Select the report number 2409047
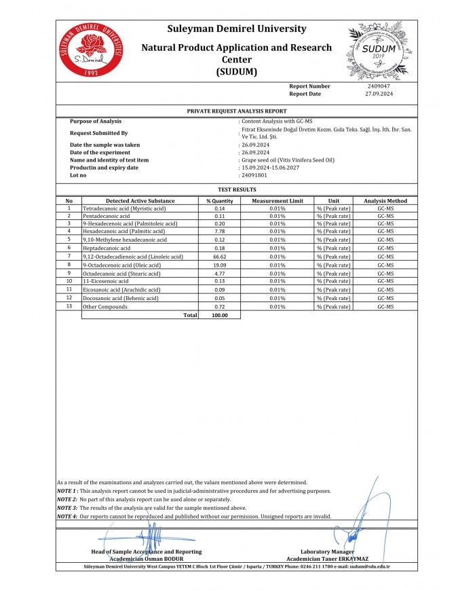[x=378, y=86]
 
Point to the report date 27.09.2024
[x=379, y=94]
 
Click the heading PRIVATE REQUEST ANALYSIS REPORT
[x=237, y=110]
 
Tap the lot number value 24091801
[x=254, y=175]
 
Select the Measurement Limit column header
[x=277, y=201]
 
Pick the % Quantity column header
[x=220, y=201]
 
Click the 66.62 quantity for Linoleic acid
[x=220, y=257]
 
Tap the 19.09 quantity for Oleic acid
[x=220, y=265]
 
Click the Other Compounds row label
[x=105, y=307]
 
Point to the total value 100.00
[x=220, y=316]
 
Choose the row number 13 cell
[x=69, y=307]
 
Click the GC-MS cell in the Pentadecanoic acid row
[x=385, y=215]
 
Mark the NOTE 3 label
[x=67, y=508]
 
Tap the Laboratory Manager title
[x=327, y=552]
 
